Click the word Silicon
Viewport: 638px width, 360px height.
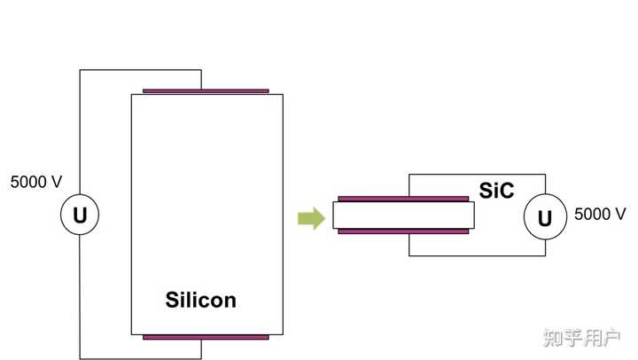[201, 300]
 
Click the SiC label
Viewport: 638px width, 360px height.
[496, 189]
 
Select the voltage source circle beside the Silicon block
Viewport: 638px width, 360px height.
[80, 215]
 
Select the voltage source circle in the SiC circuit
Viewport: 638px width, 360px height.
[545, 217]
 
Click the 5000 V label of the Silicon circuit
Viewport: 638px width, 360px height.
[36, 183]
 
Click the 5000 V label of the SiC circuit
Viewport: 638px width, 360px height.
[601, 214]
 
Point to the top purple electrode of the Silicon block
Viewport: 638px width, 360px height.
[206, 90]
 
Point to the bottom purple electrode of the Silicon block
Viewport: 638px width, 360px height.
[206, 337]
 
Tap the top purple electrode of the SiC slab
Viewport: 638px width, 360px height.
[403, 199]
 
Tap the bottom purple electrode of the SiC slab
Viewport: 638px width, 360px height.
[403, 231]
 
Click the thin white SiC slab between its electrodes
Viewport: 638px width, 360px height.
[403, 215]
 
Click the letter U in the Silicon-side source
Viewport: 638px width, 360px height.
[80, 215]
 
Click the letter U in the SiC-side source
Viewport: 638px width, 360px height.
[545, 217]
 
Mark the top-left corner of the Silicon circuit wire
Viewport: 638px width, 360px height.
[80, 71]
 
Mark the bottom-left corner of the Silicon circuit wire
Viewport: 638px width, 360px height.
[80, 357]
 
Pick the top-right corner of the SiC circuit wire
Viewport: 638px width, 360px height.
[545, 175]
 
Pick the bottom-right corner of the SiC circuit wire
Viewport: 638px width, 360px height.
[545, 255]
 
